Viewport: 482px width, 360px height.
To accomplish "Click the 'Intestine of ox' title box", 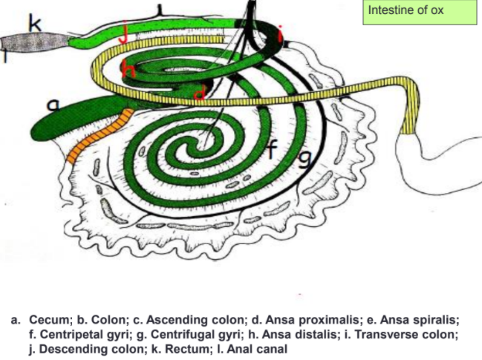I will [419, 13].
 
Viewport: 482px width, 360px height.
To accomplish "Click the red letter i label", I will [281, 33].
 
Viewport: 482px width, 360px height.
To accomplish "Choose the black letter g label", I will [303, 157].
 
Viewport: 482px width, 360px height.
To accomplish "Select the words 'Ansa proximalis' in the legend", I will [315, 320].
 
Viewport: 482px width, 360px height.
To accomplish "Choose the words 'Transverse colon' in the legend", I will [411, 335].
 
